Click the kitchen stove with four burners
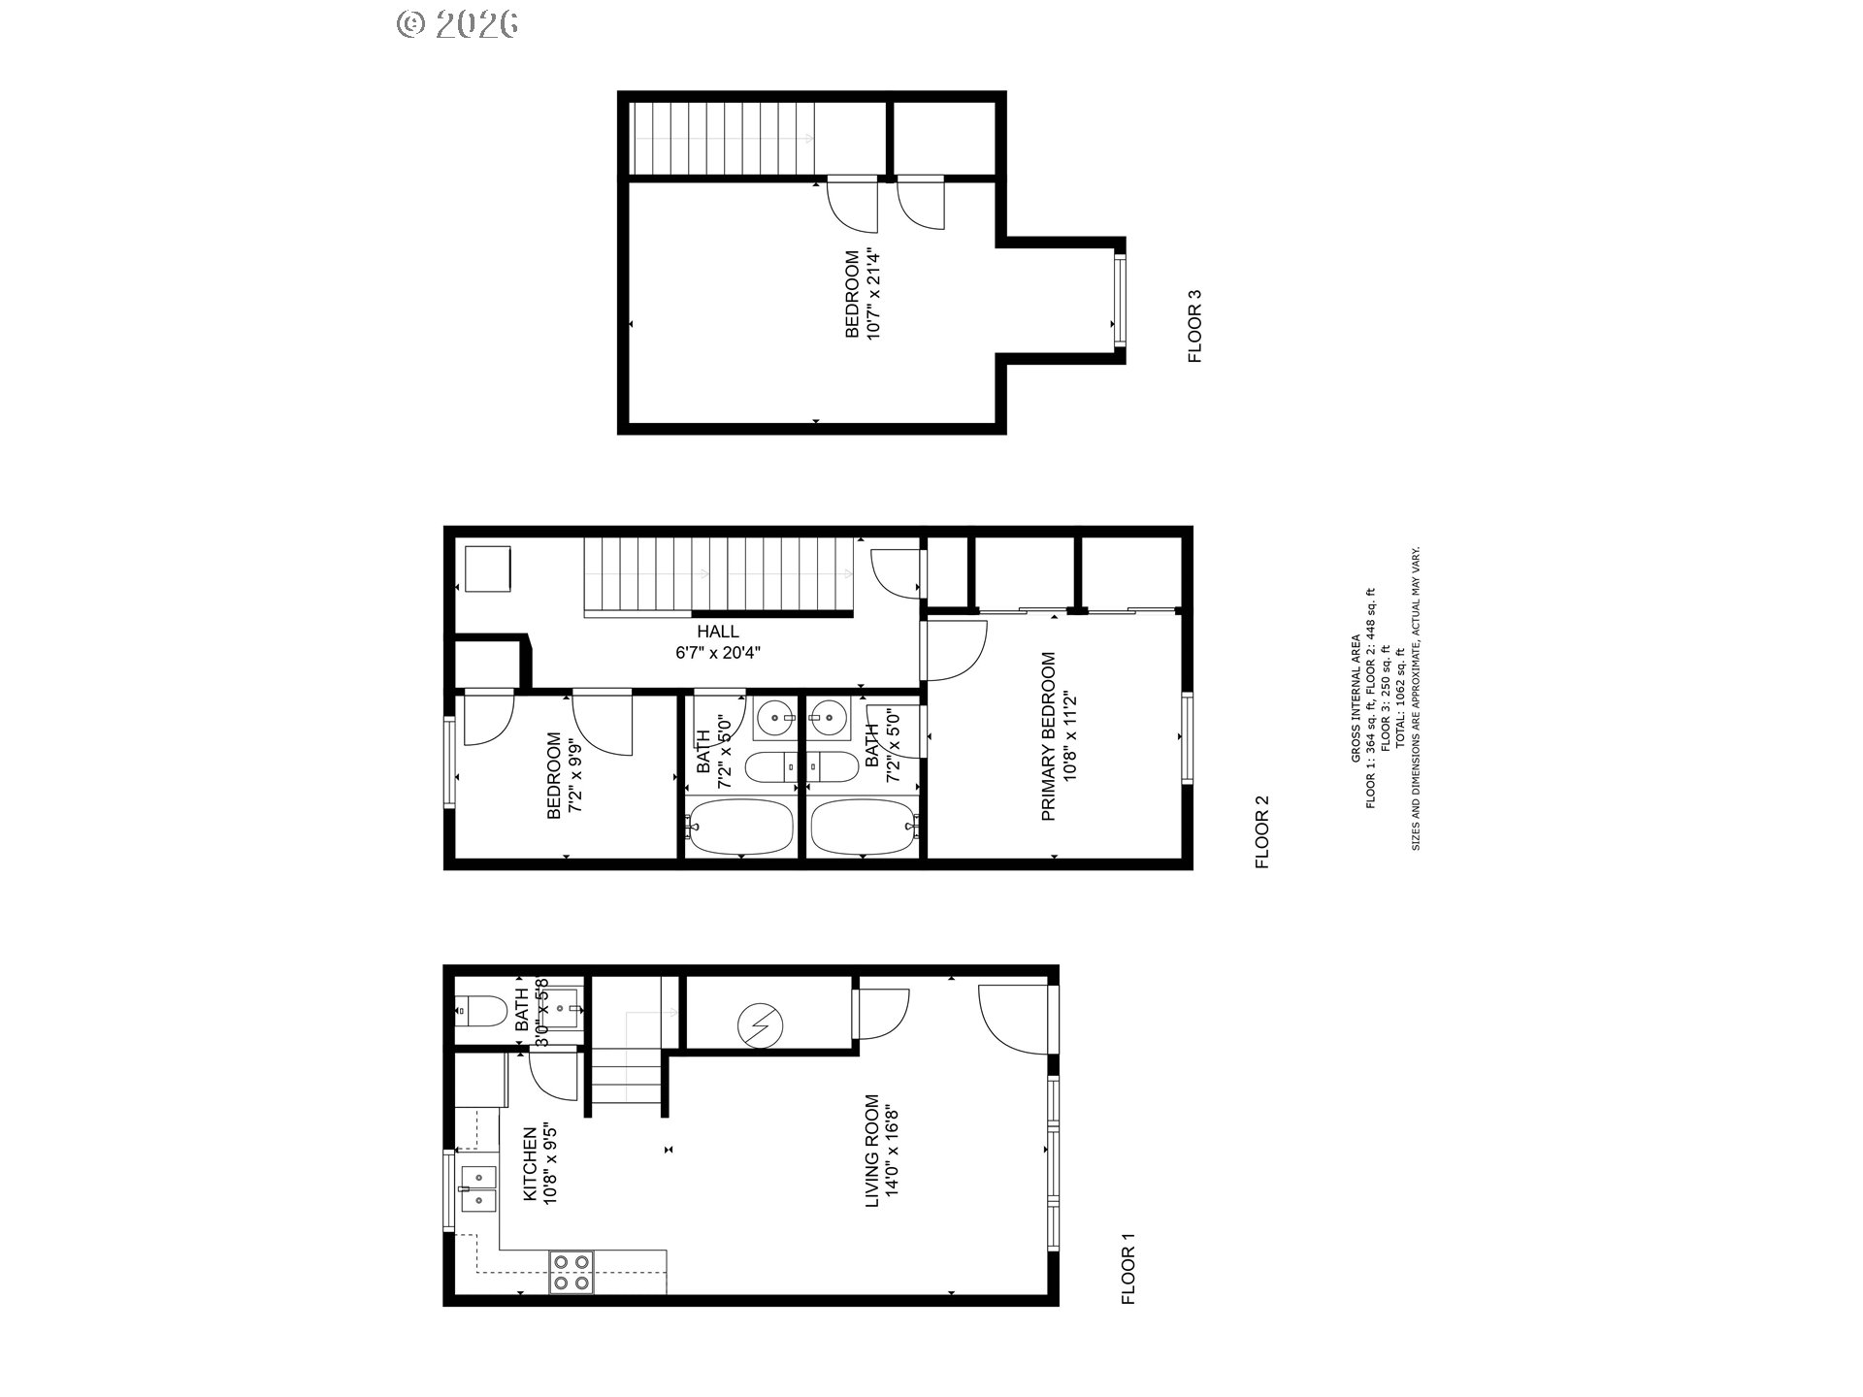coord(572,1271)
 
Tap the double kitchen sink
coord(477,1188)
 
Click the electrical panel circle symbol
coord(758,1022)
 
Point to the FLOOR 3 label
coord(1194,326)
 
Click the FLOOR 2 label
coord(1262,831)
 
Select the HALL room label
coord(718,632)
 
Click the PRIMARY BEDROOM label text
coord(1048,736)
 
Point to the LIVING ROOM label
coord(871,1152)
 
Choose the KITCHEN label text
coord(530,1164)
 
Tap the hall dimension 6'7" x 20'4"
coord(718,653)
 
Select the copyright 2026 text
coord(457,24)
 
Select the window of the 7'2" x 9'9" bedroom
coord(449,762)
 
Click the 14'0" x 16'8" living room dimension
coord(891,1152)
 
